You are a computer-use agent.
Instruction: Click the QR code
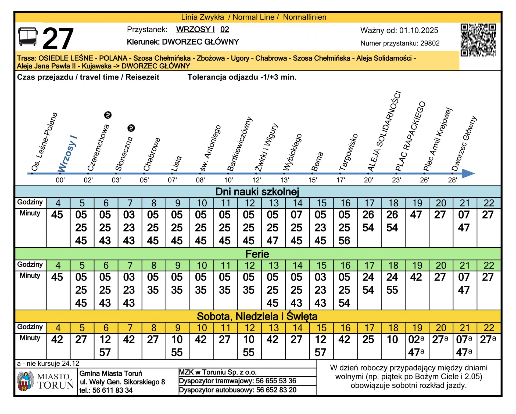(x=478, y=40)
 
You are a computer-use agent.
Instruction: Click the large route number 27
(x=58, y=39)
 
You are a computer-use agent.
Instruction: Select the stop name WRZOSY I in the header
(x=195, y=29)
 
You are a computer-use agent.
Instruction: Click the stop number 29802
(x=430, y=43)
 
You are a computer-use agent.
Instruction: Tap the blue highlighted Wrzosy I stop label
(x=67, y=154)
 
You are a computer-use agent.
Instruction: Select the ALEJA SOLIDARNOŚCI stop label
(x=384, y=132)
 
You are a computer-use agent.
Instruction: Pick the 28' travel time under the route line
(x=452, y=180)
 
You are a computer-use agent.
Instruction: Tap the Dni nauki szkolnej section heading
(x=257, y=192)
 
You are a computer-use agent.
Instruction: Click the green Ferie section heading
(x=257, y=254)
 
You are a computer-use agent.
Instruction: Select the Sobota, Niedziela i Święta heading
(x=257, y=316)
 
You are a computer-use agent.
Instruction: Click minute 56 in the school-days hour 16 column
(x=344, y=241)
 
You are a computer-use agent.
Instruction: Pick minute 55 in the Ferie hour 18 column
(x=392, y=290)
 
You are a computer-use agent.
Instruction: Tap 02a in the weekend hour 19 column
(x=416, y=340)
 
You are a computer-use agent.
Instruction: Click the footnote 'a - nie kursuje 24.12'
(x=48, y=364)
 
